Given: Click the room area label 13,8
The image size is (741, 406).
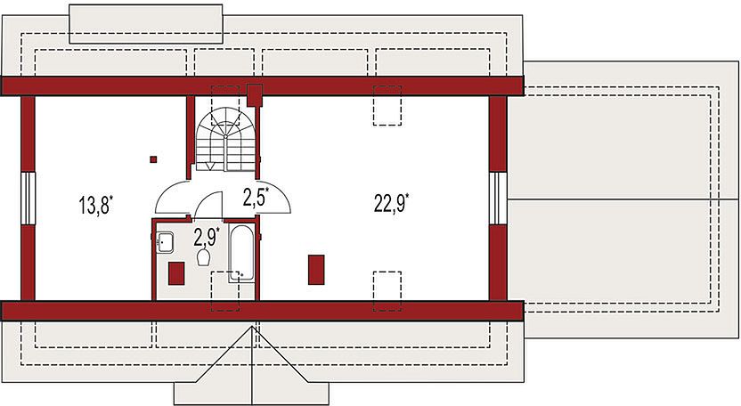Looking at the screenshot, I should click(x=97, y=207).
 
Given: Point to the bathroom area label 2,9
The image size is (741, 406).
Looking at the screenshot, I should click(x=206, y=236).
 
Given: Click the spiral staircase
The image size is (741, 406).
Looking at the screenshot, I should click(x=226, y=141).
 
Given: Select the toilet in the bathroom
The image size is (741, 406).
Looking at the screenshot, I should click(x=204, y=257).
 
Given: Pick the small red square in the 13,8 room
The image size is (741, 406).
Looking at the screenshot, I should click(x=154, y=159).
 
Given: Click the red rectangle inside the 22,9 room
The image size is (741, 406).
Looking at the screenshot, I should click(x=316, y=269).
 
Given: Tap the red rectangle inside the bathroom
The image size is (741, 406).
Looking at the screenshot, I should click(x=176, y=272).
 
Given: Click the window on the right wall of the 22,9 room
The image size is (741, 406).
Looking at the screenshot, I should click(x=497, y=198).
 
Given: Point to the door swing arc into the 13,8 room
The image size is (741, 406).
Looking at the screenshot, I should click(x=170, y=198).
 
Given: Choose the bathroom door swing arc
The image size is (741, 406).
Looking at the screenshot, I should click(x=208, y=204).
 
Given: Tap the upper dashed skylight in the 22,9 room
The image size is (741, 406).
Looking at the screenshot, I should click(x=387, y=104).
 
